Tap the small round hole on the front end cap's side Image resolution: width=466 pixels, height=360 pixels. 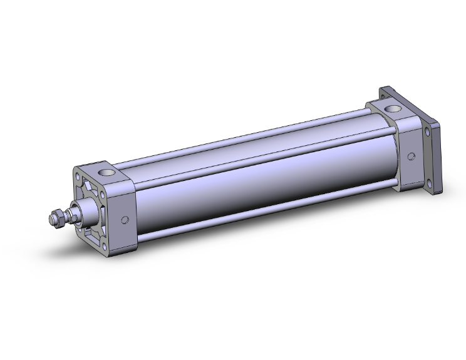[125, 220]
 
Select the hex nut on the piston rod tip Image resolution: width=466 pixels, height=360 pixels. [55, 218]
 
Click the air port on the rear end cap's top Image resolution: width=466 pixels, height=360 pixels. [394, 111]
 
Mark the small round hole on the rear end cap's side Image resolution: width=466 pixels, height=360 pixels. [412, 156]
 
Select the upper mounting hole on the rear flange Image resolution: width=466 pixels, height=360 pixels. [428, 133]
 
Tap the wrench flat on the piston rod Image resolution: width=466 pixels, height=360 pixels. [69, 216]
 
